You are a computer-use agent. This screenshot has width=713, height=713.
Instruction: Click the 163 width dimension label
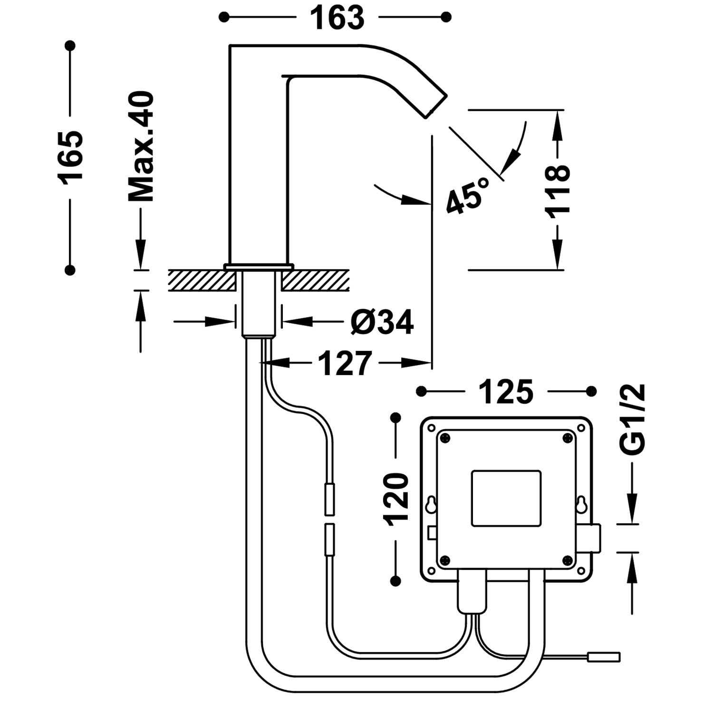pyautogui.click(x=337, y=18)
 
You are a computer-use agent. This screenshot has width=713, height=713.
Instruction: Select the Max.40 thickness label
pyautogui.click(x=141, y=147)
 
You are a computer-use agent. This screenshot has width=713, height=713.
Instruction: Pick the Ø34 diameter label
pyautogui.click(x=382, y=323)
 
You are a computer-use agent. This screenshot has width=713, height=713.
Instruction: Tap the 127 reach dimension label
pyautogui.click(x=344, y=364)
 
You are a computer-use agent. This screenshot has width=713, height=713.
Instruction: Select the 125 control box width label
pyautogui.click(x=506, y=392)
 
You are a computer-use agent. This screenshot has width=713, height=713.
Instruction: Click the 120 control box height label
pyautogui.click(x=396, y=499)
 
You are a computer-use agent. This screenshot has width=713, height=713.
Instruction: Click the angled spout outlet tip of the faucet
pyautogui.click(x=435, y=105)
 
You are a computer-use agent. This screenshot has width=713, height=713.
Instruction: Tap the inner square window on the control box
pyautogui.click(x=506, y=498)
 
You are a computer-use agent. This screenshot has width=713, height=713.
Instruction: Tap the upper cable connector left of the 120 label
pyautogui.click(x=329, y=498)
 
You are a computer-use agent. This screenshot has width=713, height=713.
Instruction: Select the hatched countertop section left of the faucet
pyautogui.click(x=202, y=280)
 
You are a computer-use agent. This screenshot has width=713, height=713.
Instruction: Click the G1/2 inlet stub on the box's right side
pyautogui.click(x=596, y=538)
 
